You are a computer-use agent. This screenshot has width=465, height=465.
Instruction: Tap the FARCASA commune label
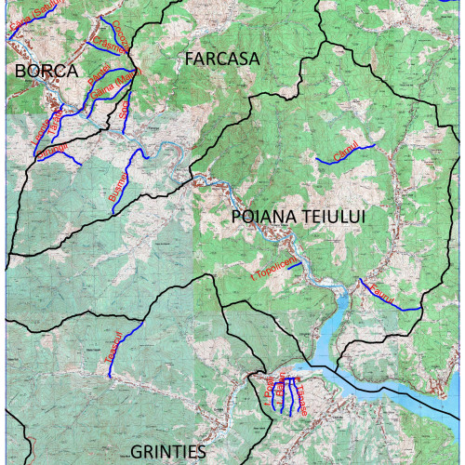pos(221,59)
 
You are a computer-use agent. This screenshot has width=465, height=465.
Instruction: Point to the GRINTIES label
pos(167,452)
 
